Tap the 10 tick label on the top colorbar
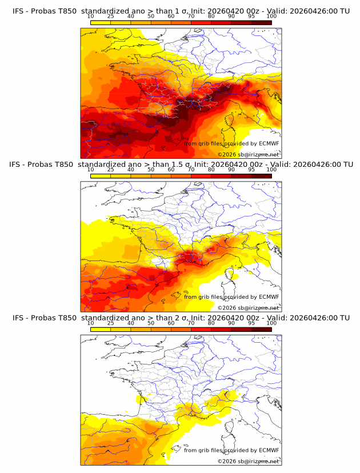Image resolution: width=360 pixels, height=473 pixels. (x=90, y=16)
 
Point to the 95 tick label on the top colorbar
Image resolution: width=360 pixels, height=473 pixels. (x=252, y=16)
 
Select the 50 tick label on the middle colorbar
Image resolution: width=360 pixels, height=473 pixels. (x=151, y=170)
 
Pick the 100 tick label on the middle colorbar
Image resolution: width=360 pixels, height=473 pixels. (x=271, y=170)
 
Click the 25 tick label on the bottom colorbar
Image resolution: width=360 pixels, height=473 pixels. (x=110, y=323)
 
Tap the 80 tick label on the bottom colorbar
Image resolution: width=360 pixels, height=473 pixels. (x=211, y=323)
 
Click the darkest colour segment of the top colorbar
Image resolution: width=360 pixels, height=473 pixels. (x=262, y=23)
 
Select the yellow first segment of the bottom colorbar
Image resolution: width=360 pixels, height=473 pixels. (x=100, y=330)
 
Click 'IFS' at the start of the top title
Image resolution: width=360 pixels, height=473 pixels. (x=18, y=10)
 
